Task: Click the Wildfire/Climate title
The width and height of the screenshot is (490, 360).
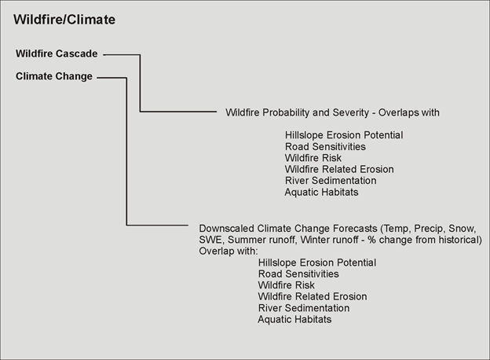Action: pyautogui.click(x=64, y=20)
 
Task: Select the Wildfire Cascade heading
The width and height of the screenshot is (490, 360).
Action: pyautogui.click(x=57, y=53)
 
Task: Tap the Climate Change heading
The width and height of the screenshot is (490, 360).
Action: pyautogui.click(x=54, y=76)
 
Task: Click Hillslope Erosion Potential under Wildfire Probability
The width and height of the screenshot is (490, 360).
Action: pyautogui.click(x=344, y=135)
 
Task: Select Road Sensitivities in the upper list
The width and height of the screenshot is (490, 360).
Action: pyautogui.click(x=325, y=146)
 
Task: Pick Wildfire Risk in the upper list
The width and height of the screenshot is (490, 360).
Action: pyautogui.click(x=313, y=158)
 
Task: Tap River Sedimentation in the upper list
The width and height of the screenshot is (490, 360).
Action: pyautogui.click(x=331, y=181)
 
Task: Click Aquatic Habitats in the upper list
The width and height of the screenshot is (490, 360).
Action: pyautogui.click(x=321, y=192)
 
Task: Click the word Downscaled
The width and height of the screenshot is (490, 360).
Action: pyautogui.click(x=226, y=228)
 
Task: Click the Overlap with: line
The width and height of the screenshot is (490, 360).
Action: pyautogui.click(x=229, y=252)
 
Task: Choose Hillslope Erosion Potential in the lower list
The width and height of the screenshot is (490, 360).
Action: pyautogui.click(x=317, y=263)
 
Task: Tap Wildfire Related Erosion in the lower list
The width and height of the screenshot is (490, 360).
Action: pyautogui.click(x=313, y=296)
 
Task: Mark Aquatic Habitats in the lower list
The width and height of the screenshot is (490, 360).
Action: pyautogui.click(x=294, y=319)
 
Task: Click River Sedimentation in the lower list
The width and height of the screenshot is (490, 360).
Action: pyautogui.click(x=303, y=308)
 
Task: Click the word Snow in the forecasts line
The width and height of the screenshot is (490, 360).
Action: pyautogui.click(x=462, y=229)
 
